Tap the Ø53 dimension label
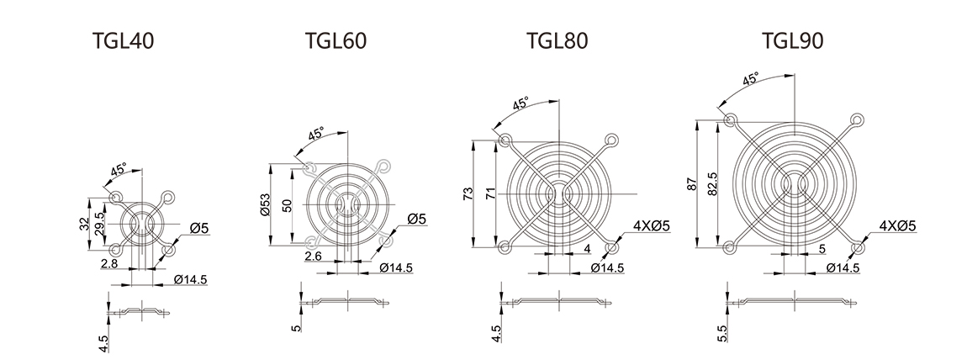(x=266, y=204)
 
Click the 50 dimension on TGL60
(x=287, y=204)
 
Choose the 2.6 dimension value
(x=313, y=255)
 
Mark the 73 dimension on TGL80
(x=468, y=193)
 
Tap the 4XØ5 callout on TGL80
(x=651, y=225)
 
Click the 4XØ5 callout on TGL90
(x=896, y=225)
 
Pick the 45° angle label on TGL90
(x=752, y=80)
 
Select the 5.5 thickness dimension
(x=721, y=335)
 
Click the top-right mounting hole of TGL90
(x=857, y=119)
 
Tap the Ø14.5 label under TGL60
(x=396, y=267)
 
